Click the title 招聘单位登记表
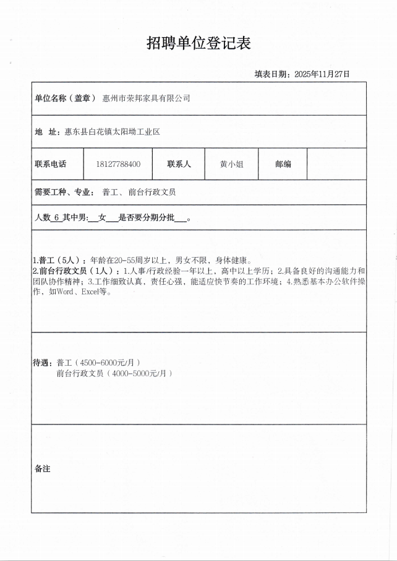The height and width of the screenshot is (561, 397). pyautogui.click(x=198, y=43)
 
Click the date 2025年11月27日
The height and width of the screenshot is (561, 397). pyautogui.click(x=322, y=74)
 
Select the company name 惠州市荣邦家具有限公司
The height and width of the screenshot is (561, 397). pyautogui.click(x=146, y=98)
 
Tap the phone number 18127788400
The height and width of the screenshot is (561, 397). pyautogui.click(x=118, y=164)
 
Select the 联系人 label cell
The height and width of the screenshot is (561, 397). pyautogui.click(x=179, y=164)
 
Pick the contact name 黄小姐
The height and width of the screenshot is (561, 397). pyautogui.click(x=231, y=164)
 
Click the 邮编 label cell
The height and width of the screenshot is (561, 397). pyautogui.click(x=283, y=164)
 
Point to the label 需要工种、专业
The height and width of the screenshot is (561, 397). pyautogui.click(x=64, y=192)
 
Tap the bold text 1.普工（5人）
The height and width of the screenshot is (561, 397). pyautogui.click(x=56, y=260)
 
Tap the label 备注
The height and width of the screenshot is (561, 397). pyautogui.click(x=43, y=469)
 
